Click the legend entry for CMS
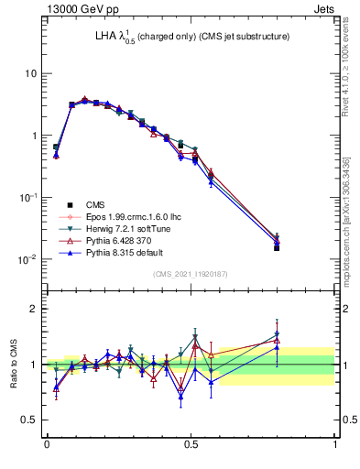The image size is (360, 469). [x=97, y=204]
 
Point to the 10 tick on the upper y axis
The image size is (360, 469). [x=31, y=73]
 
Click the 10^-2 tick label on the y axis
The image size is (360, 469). [x=28, y=259]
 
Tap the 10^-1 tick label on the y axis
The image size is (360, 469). [x=28, y=197]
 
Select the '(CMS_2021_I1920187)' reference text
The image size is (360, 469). [x=191, y=274]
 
